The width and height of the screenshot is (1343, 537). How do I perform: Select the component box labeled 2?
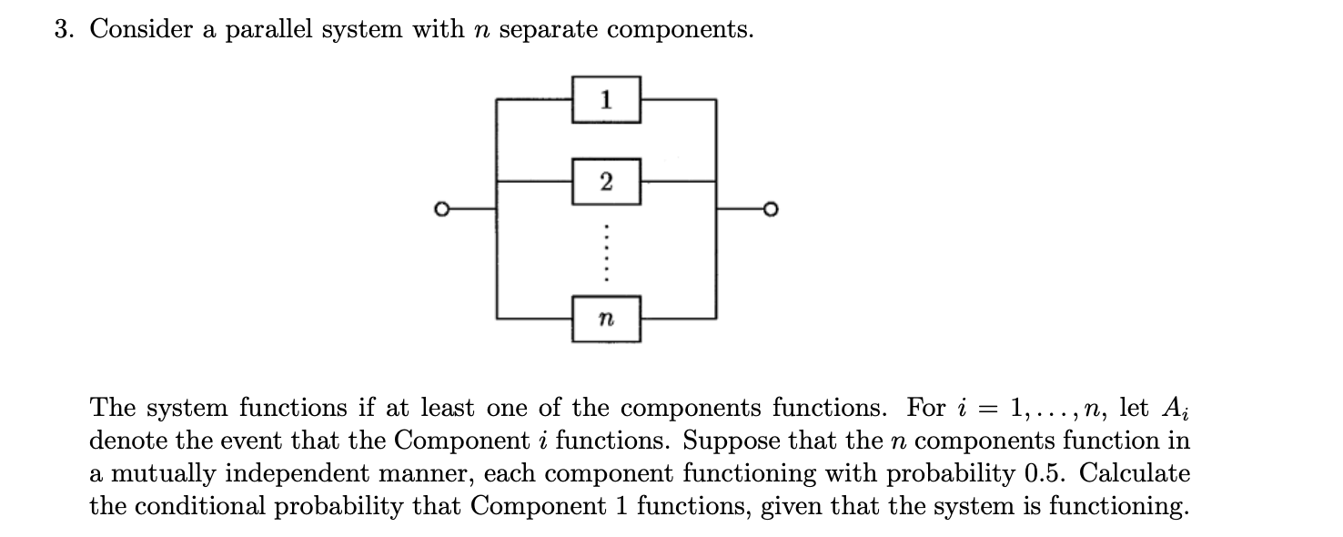(x=607, y=181)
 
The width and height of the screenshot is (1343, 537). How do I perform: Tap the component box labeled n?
(x=607, y=318)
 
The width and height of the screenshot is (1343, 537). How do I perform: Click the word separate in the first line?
(x=549, y=31)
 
